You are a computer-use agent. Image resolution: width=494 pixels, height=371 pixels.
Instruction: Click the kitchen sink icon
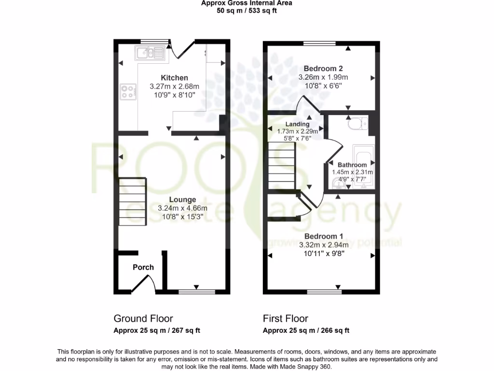coord(150,53)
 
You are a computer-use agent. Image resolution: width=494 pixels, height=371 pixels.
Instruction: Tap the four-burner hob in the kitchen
coord(127,91)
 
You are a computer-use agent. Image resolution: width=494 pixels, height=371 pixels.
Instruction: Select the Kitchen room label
coord(174,78)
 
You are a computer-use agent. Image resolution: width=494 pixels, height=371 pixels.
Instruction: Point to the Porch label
coord(143,267)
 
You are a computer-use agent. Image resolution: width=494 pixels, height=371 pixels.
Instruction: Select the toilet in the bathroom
coord(357,125)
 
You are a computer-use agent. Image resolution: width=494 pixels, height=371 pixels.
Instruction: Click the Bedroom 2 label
coord(323,69)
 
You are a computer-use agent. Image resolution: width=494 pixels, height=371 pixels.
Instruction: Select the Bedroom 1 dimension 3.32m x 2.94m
coord(323,245)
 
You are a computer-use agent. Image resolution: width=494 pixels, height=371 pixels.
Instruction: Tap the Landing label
coord(297,124)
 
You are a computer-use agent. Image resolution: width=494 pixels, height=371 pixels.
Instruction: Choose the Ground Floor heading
coord(143,318)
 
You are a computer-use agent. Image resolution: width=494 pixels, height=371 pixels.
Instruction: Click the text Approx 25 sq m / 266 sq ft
coord(306,331)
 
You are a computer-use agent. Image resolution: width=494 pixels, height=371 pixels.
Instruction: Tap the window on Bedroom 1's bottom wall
coord(323,292)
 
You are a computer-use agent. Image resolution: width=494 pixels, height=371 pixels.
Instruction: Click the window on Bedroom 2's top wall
coord(320,43)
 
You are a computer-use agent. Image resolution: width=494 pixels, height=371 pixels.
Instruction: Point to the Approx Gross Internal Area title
coord(247,3)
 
